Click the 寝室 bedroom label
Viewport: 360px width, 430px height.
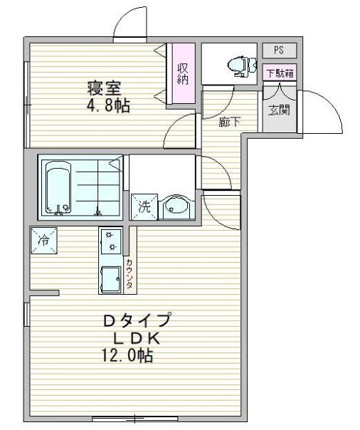tap(104, 88)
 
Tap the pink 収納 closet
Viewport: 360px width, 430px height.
tap(183, 73)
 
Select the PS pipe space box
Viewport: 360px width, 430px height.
tap(279, 51)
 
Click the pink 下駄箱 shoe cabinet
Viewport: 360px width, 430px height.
tap(280, 73)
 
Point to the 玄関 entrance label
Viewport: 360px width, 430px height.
tap(279, 110)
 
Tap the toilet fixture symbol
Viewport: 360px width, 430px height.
tap(242, 65)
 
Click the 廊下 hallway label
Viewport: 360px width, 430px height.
tap(230, 122)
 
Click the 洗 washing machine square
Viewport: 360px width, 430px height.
tap(144, 206)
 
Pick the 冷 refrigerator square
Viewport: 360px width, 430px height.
tap(44, 241)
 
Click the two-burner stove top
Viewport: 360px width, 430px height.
tap(111, 241)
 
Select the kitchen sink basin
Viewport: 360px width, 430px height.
tap(111, 279)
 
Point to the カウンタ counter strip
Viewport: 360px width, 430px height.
tap(130, 274)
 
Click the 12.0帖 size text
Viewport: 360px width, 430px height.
tap(127, 355)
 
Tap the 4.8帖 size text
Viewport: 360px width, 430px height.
tap(108, 105)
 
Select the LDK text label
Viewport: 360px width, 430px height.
tap(137, 339)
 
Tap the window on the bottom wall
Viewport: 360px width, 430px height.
tap(134, 419)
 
